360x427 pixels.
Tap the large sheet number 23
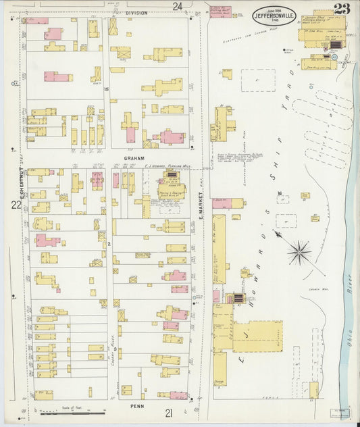[342, 9]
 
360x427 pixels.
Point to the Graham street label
[134, 158]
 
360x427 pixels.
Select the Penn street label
[134, 407]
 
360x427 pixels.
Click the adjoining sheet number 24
[177, 6]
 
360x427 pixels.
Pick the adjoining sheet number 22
[15, 203]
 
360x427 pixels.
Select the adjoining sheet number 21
[168, 413]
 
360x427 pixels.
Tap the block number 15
[106, 89]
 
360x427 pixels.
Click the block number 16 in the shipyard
[278, 194]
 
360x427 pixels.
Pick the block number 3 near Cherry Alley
[115, 349]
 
